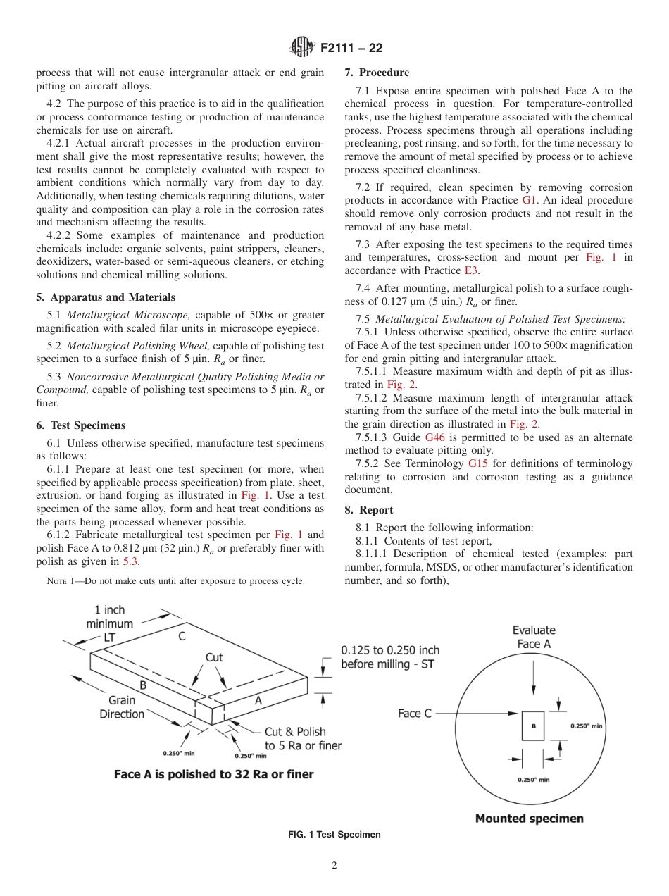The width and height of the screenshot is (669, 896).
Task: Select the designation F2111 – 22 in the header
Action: coord(351,49)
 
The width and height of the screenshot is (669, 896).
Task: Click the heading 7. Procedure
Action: coord(377,73)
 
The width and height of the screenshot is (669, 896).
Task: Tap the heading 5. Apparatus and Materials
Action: coord(106,297)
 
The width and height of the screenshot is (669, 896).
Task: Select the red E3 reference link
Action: coord(472,270)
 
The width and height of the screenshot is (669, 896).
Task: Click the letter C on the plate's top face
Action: coord(182,637)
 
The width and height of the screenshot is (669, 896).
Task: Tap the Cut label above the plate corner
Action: coord(214,657)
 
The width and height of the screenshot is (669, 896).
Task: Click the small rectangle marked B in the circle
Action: coord(532,726)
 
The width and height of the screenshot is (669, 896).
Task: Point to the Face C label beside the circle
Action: coord(415,714)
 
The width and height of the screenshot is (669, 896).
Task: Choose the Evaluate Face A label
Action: coord(533,637)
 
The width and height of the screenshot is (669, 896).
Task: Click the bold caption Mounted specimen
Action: coord(529,819)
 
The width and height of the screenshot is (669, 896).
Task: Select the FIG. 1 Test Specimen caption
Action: coord(334,835)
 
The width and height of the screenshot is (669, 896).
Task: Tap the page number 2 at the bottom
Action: coord(334,866)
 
